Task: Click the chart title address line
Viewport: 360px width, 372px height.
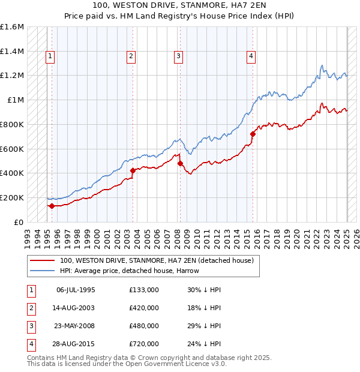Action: [x=180, y=5]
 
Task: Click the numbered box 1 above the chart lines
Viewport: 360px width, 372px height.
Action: [x=50, y=56]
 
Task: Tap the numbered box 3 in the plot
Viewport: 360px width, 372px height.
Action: [x=179, y=56]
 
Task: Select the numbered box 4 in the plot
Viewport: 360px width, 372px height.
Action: [x=251, y=56]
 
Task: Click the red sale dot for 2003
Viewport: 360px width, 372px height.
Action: [x=133, y=170]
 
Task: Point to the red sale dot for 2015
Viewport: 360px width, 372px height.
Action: [x=253, y=134]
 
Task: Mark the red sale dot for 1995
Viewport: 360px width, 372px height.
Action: [x=52, y=206]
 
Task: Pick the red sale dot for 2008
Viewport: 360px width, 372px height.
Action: [x=180, y=163]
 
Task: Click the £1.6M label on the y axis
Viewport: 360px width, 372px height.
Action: [x=12, y=27]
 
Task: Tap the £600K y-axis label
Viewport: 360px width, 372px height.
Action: [x=12, y=149]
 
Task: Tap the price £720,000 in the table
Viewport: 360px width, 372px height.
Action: [x=144, y=344]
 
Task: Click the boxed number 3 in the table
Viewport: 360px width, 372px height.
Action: [x=31, y=326]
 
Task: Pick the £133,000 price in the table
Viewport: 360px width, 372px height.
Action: [x=144, y=290]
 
